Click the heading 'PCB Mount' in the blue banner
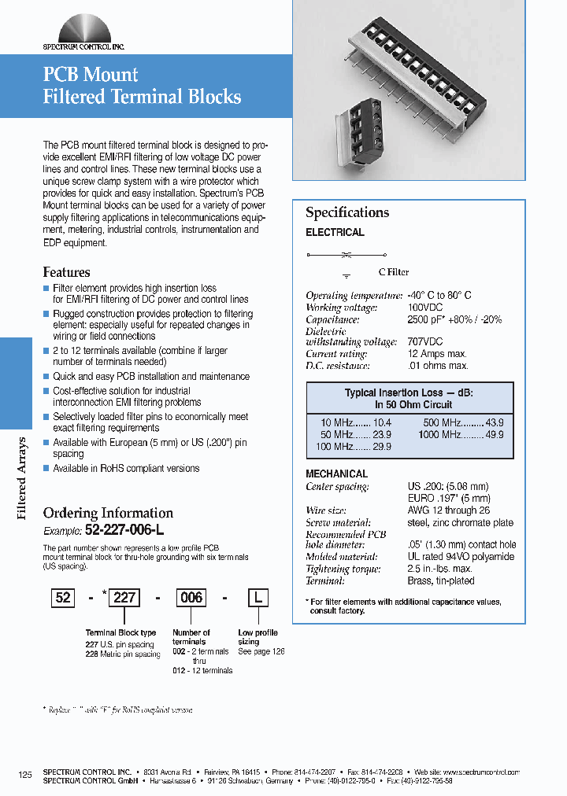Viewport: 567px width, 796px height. point(91,75)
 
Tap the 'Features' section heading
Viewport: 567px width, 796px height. point(66,272)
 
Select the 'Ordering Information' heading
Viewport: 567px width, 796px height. point(108,513)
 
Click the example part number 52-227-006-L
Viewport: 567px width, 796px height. point(124,530)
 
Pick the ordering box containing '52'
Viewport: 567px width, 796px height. point(63,598)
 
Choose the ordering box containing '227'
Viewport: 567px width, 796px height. point(125,598)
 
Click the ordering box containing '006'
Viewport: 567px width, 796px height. point(191,598)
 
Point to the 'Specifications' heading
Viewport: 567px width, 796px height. point(347,212)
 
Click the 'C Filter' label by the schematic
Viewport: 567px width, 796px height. point(394,272)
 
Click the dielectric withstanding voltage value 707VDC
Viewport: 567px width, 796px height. point(425,342)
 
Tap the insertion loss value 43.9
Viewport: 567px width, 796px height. point(495,422)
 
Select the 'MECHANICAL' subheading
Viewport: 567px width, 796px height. point(336,474)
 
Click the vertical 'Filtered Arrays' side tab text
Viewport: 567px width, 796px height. point(22,477)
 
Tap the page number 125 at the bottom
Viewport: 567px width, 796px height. point(25,775)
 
